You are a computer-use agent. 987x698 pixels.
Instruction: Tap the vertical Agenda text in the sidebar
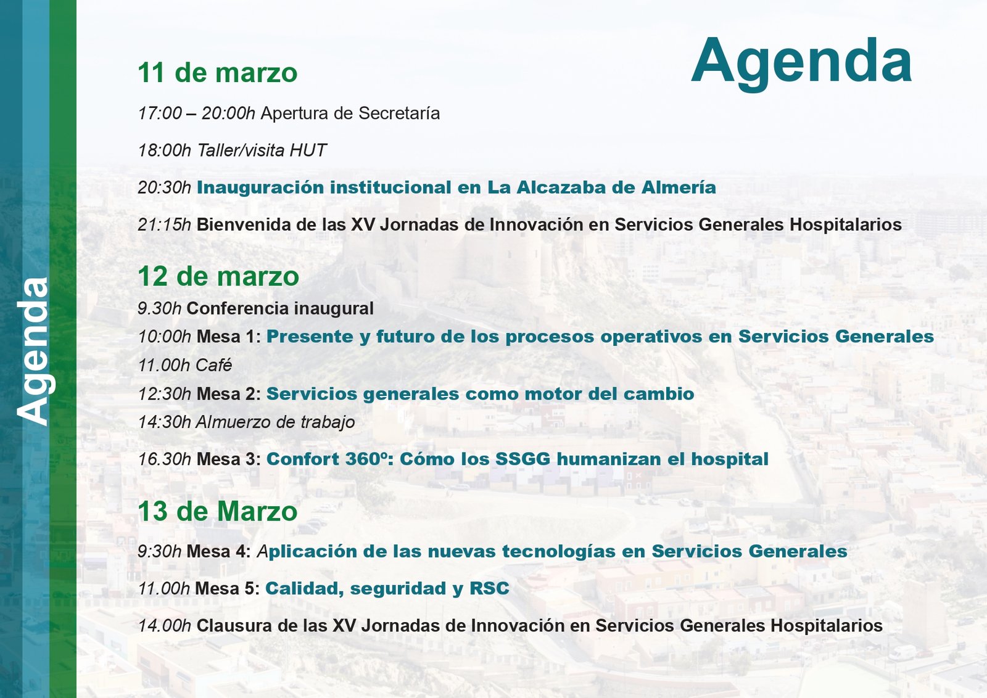34,351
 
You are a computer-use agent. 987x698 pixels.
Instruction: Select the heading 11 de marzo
218,73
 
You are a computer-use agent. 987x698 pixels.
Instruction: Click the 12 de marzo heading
218,276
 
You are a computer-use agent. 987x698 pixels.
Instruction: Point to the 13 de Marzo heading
218,511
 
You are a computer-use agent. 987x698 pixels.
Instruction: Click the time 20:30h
164,187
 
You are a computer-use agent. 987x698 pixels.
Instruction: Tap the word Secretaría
399,113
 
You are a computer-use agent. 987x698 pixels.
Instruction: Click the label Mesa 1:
229,337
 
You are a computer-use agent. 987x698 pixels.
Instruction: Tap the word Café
213,365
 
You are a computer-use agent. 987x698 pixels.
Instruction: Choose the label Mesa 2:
229,394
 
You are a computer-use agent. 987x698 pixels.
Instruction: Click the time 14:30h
164,422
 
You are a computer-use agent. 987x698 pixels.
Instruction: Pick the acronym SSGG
522,459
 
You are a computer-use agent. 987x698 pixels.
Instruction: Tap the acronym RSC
489,588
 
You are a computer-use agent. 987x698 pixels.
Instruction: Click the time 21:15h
164,225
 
